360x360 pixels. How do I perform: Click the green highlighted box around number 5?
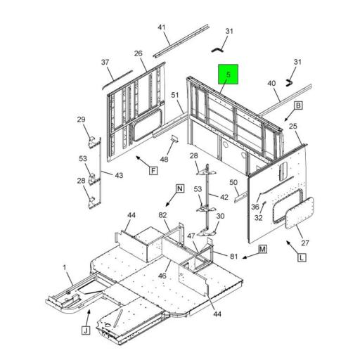pyautogui.click(x=229, y=75)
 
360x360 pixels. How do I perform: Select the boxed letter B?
pyautogui.click(x=298, y=105)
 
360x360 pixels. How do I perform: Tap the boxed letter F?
pyautogui.click(x=153, y=170)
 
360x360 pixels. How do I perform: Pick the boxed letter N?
pyautogui.click(x=180, y=188)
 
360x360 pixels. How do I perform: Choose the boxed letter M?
pyautogui.click(x=262, y=249)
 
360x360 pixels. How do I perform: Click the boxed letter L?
pyautogui.click(x=302, y=258)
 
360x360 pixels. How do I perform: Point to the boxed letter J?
pyautogui.click(x=86, y=330)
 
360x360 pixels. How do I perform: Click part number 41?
pyautogui.click(x=161, y=27)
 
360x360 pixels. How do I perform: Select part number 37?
pyautogui.click(x=105, y=63)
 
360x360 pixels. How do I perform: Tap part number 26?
pyautogui.click(x=139, y=53)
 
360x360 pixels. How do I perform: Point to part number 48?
pyautogui.click(x=164, y=160)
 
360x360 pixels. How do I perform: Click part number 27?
pyautogui.click(x=305, y=243)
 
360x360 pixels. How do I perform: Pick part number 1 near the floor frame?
pyautogui.click(x=65, y=267)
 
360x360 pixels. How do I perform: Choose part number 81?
pyautogui.click(x=233, y=257)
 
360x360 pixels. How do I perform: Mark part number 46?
pyautogui.click(x=162, y=276)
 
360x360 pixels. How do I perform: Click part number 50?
pyautogui.click(x=233, y=182)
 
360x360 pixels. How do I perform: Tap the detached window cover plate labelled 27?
pyautogui.click(x=300, y=213)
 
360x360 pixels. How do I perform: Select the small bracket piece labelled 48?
pyautogui.click(x=174, y=139)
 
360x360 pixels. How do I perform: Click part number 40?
pyautogui.click(x=271, y=83)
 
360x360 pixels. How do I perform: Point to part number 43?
pyautogui.click(x=119, y=175)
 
